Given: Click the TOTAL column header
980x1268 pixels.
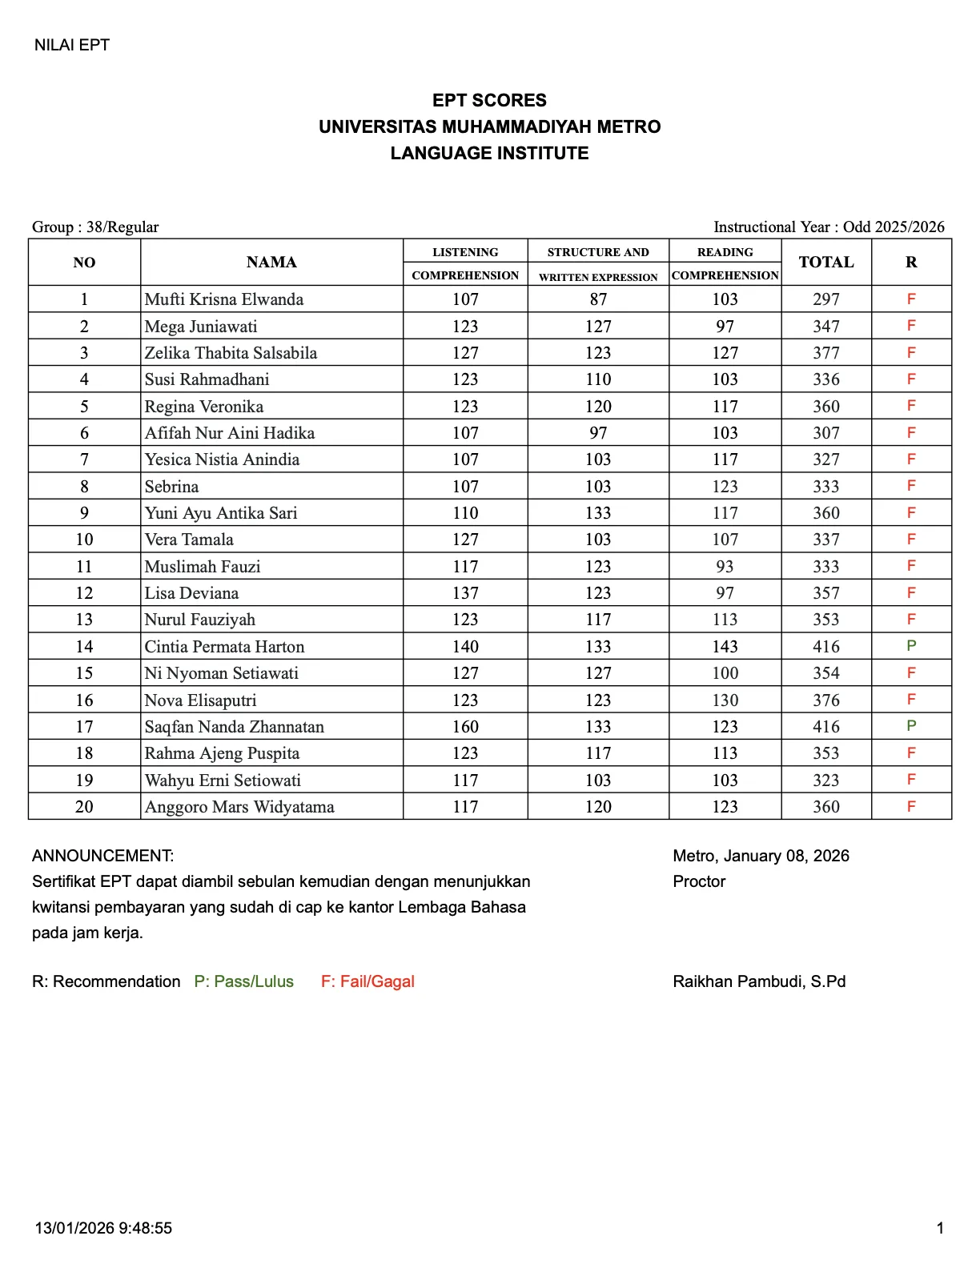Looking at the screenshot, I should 826,262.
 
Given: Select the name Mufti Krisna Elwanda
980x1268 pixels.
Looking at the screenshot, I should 224,299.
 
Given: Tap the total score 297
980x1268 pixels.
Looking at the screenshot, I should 826,299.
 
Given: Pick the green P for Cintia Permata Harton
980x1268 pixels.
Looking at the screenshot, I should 911,646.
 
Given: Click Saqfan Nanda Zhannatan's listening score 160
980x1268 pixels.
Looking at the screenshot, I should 465,727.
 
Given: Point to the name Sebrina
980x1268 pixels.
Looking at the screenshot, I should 171,487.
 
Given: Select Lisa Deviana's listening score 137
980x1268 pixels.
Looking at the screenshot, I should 465,593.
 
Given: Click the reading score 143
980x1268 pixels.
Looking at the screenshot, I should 725,647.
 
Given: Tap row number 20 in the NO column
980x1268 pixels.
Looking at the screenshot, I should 84,807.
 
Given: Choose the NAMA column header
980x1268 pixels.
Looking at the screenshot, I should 271,262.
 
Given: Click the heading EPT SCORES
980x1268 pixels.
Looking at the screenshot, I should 489,100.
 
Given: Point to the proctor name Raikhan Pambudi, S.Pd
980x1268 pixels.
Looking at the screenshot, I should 759,981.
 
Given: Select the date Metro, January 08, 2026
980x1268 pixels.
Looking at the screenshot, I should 761,856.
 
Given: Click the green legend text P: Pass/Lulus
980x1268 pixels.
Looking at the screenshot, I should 244,981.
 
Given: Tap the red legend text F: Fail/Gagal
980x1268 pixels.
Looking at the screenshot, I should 367,981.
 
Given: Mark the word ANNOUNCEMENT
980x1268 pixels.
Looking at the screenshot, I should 102,856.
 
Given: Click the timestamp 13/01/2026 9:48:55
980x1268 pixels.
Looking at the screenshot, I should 103,1228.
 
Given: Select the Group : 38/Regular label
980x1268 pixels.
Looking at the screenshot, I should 95,227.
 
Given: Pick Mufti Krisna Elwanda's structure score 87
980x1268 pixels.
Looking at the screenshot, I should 598,299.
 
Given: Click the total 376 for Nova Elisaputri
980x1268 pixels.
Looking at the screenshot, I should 826,700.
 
